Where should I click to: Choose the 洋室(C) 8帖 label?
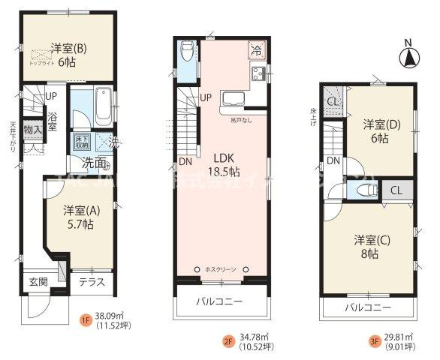[x=370, y=247]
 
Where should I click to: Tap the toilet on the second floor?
[x=187, y=53]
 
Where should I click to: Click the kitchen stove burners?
[x=259, y=74]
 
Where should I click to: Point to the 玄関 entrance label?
[x=38, y=282]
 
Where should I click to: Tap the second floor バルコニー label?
[x=220, y=301]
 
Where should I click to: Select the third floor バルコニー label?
[x=368, y=307]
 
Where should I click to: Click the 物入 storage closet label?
[x=32, y=130]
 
